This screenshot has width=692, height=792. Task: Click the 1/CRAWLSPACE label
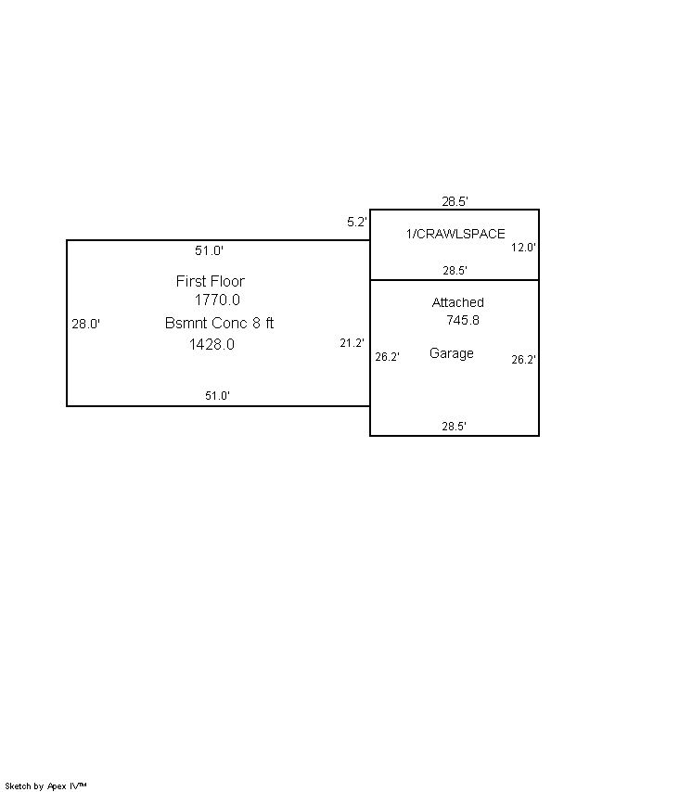click(x=455, y=234)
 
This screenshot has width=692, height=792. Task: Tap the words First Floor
click(x=211, y=281)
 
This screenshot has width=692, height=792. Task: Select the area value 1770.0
click(x=217, y=300)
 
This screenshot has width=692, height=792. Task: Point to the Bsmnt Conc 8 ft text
click(x=219, y=324)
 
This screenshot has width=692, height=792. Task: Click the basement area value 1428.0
click(x=211, y=344)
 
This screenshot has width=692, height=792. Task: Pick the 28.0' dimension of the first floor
click(x=86, y=325)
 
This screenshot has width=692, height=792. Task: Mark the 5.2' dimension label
click(x=357, y=223)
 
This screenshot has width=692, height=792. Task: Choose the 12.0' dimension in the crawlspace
click(x=524, y=248)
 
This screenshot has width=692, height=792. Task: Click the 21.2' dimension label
click(x=352, y=343)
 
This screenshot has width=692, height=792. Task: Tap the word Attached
click(x=457, y=302)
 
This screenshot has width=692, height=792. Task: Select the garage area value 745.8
click(x=462, y=320)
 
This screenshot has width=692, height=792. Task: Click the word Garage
click(x=452, y=353)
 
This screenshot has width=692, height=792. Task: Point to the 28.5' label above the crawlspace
click(x=455, y=201)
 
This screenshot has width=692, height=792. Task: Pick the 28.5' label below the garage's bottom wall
click(x=455, y=427)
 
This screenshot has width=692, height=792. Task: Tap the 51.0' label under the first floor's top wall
click(x=209, y=250)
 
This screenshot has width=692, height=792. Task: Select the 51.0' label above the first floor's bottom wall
click(x=218, y=396)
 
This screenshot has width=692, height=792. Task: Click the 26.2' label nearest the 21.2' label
click(x=387, y=357)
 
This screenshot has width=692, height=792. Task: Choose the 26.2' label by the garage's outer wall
click(x=524, y=360)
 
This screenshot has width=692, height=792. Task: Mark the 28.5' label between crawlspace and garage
click(x=455, y=271)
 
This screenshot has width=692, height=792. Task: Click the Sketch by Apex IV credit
click(x=46, y=786)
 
